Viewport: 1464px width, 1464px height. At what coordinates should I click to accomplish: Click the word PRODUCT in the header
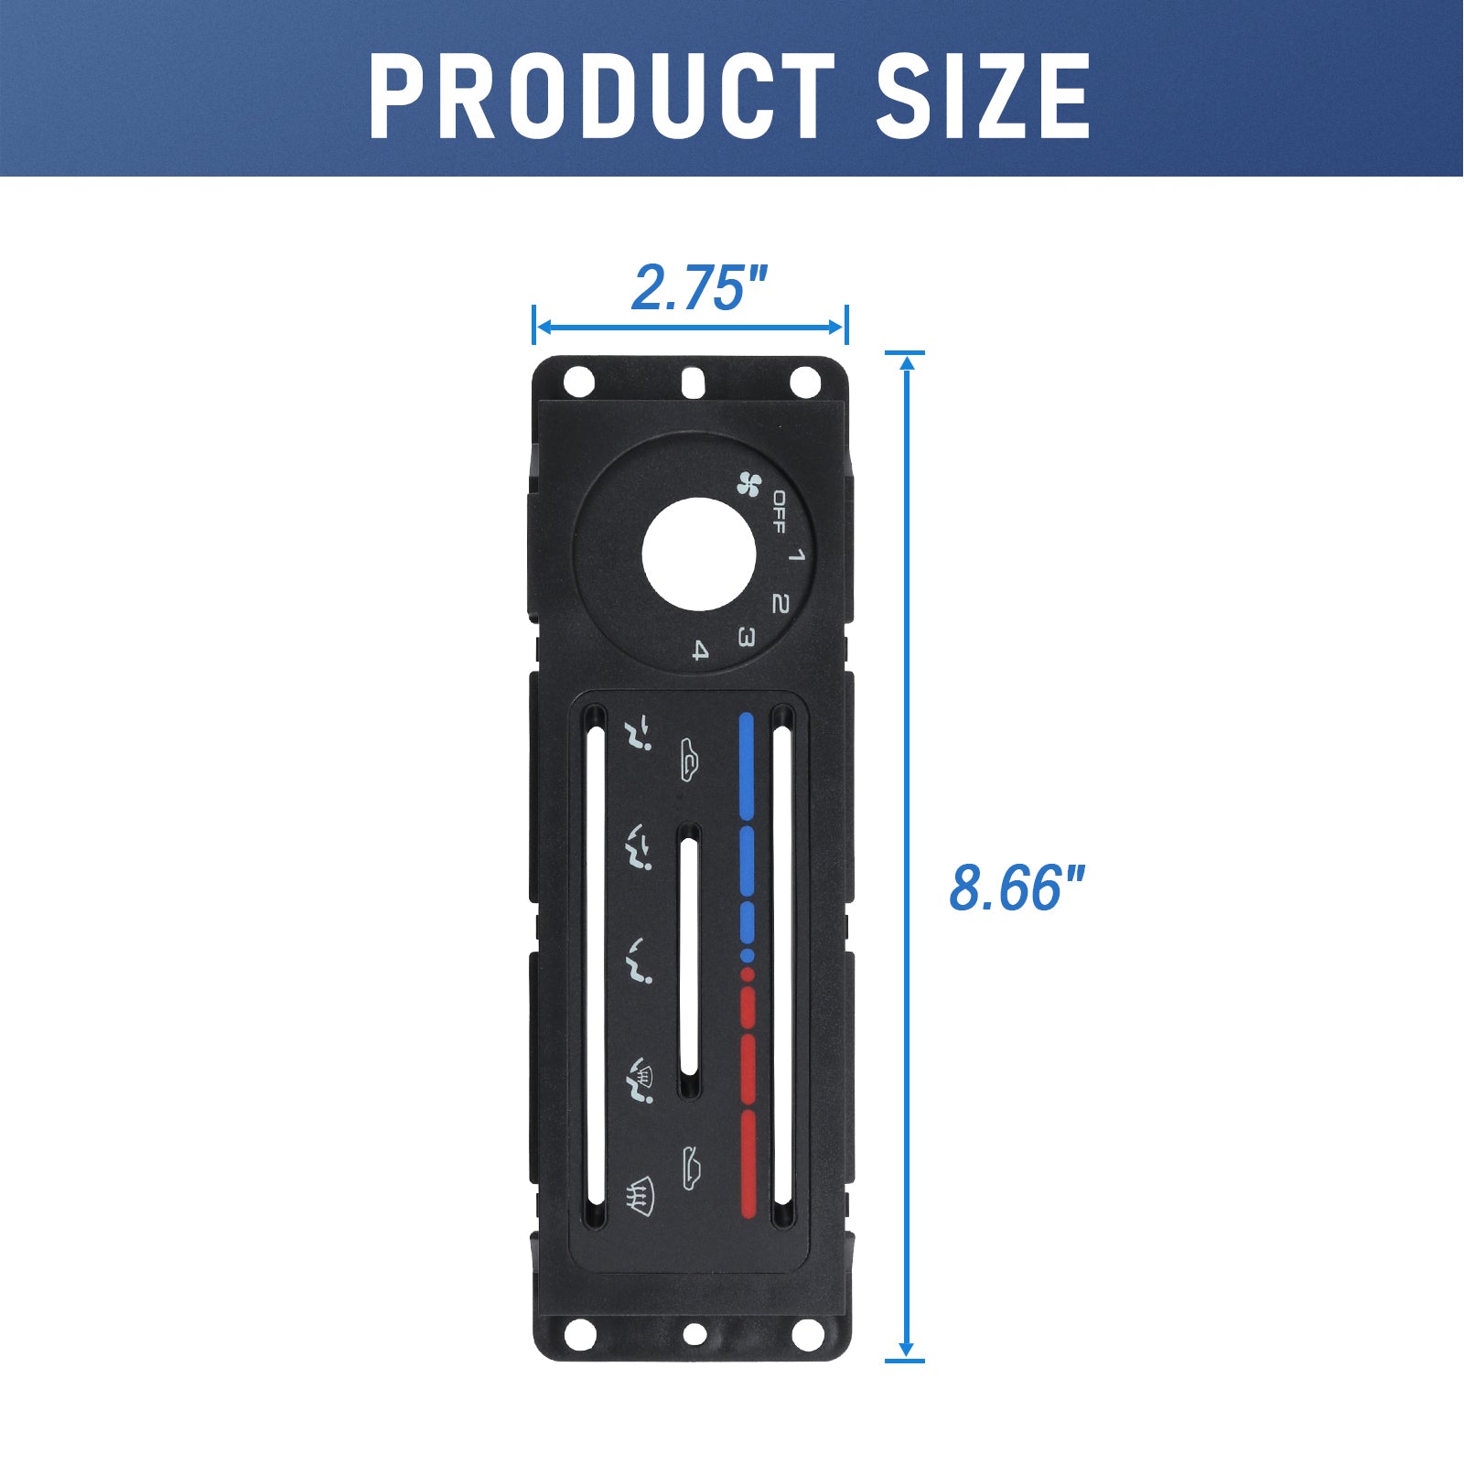602,95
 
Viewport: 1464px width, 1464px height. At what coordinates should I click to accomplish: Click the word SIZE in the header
983,95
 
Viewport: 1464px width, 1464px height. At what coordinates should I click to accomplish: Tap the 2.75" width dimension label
699,287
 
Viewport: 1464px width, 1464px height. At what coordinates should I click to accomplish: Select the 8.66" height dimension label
1017,887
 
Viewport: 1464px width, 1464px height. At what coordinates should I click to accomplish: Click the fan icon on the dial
749,483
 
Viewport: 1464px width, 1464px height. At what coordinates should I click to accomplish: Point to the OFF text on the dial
778,512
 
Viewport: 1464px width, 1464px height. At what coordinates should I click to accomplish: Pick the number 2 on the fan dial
780,603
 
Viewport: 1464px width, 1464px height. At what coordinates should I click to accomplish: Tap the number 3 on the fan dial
746,637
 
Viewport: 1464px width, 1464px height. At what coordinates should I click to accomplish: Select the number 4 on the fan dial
700,651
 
